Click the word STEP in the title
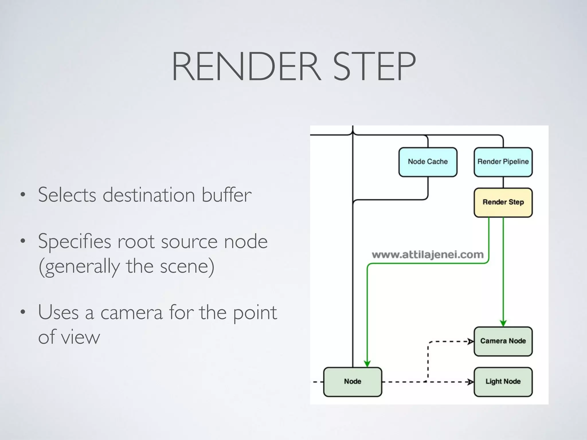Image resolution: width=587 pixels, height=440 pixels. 374,66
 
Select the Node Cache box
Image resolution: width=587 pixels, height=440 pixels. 428,162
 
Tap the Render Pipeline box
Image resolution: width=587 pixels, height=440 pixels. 503,162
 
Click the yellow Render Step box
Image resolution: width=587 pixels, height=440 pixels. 503,202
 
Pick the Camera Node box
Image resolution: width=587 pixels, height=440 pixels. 503,341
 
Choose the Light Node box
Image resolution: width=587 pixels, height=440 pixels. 503,382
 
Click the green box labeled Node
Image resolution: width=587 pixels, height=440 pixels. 353,382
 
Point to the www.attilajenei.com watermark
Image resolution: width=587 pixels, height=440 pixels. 427,254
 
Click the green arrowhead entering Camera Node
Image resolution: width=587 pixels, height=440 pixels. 503,323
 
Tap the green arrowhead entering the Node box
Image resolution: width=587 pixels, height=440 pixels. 367,364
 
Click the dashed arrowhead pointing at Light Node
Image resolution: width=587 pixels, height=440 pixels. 470,382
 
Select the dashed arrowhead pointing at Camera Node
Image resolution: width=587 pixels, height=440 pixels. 470,341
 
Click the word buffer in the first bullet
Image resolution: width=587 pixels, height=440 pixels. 226,195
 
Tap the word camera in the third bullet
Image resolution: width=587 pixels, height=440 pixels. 131,313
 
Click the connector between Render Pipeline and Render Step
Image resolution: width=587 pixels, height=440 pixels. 503,182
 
